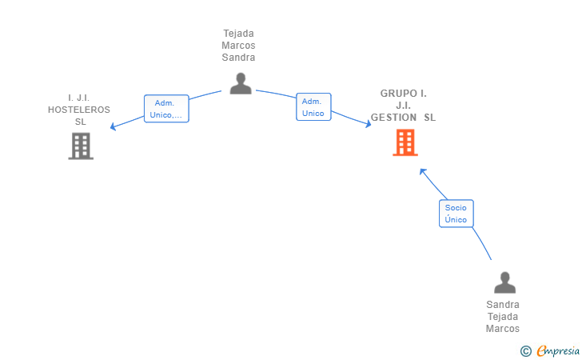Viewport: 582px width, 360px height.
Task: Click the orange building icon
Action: pyautogui.click(x=405, y=142)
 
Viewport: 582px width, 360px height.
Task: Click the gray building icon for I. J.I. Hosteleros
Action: pyautogui.click(x=81, y=146)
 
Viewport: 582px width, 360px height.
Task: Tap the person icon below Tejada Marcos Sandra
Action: pyautogui.click(x=241, y=83)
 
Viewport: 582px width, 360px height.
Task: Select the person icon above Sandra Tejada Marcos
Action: pyautogui.click(x=504, y=282)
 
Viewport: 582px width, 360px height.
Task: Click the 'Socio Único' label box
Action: pyautogui.click(x=456, y=214)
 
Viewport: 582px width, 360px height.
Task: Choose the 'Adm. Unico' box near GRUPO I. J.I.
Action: pyautogui.click(x=313, y=107)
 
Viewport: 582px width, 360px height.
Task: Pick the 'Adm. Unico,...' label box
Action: pyautogui.click(x=166, y=109)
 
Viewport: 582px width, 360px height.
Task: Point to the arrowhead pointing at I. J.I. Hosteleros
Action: pyautogui.click(x=113, y=127)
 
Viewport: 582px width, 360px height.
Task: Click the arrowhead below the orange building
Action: pyautogui.click(x=422, y=172)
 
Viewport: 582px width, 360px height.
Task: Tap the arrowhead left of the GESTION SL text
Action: pyautogui.click(x=369, y=124)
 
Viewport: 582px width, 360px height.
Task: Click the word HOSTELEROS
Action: pyautogui.click(x=79, y=110)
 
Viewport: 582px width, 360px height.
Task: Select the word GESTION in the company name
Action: pyautogui.click(x=393, y=118)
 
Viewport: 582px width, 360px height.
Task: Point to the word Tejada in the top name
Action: pyautogui.click(x=239, y=34)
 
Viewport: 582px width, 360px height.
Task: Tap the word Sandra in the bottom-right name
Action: pyautogui.click(x=503, y=305)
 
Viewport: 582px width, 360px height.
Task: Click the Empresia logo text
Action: pyautogui.click(x=558, y=351)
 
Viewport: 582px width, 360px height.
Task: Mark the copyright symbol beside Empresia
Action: pyautogui.click(x=526, y=351)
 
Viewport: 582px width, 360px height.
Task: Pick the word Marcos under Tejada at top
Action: pyautogui.click(x=238, y=46)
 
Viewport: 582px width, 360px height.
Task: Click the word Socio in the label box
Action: pyautogui.click(x=456, y=208)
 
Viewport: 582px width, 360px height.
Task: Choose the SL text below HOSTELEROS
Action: pyautogui.click(x=81, y=122)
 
